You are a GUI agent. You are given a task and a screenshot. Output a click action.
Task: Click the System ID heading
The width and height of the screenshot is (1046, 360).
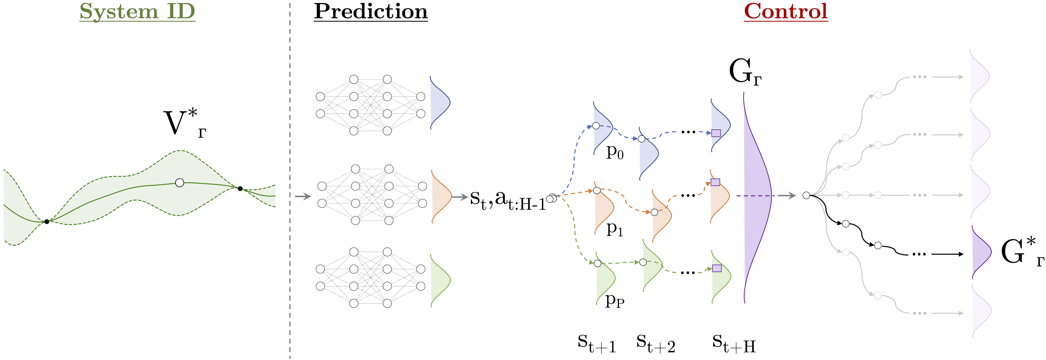pyautogui.click(x=137, y=11)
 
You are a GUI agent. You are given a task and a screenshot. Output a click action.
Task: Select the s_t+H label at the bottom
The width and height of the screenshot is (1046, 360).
pyautogui.click(x=733, y=343)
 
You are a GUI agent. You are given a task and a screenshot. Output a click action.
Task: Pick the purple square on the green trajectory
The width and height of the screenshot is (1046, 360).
pyautogui.click(x=717, y=268)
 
